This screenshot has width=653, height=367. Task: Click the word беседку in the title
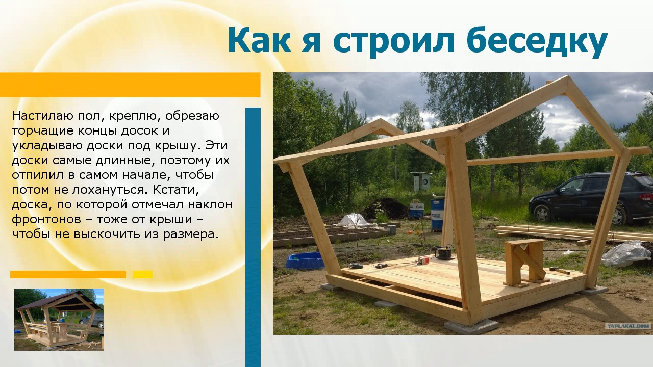(539, 41)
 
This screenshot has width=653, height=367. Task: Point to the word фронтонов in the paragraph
(46, 220)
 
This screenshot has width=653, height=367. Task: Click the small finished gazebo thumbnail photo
(59, 319)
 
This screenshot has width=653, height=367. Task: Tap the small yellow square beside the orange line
(143, 274)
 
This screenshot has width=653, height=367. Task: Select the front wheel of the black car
(542, 214)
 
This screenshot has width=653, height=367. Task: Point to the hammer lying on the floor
(560, 271)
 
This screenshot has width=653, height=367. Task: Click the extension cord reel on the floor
(444, 252)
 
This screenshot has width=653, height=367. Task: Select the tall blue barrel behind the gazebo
(437, 215)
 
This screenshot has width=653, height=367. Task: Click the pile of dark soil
(386, 208)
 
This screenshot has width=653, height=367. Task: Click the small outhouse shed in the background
(421, 181)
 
